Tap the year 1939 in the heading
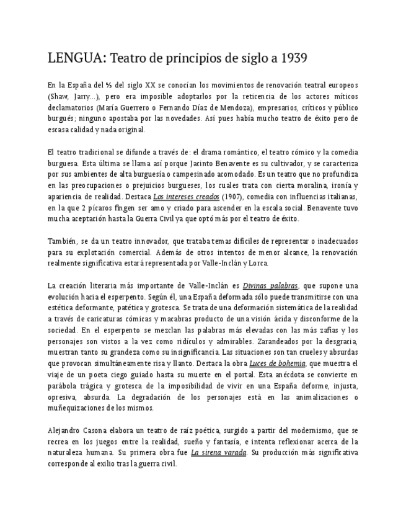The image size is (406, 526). point(294,59)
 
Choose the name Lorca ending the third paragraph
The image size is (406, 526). point(257,263)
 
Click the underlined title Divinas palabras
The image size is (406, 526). point(270,285)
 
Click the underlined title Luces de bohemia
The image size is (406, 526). point(277,363)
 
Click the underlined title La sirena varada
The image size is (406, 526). point(218,452)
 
